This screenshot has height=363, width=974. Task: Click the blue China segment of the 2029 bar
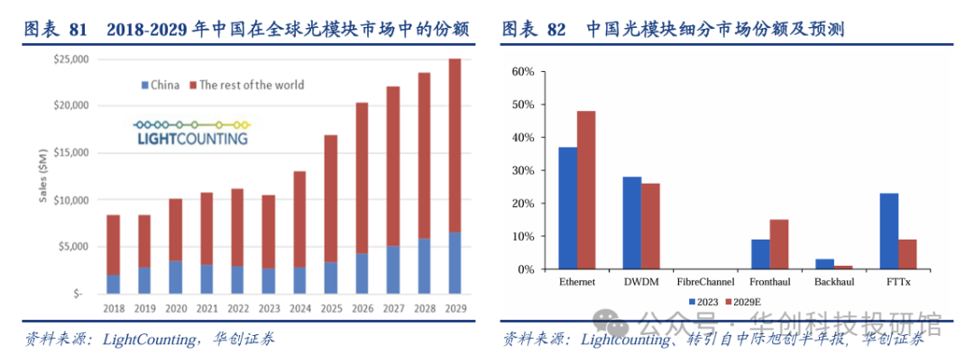click(x=455, y=263)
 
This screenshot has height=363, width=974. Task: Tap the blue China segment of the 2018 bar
click(x=113, y=284)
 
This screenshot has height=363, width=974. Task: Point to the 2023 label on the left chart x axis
click(x=268, y=308)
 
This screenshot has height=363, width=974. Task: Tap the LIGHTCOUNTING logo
click(x=191, y=133)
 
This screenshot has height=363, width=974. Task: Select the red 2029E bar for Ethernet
click(x=587, y=190)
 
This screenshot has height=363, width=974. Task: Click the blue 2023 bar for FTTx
click(x=888, y=231)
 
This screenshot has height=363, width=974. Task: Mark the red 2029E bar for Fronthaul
click(x=779, y=244)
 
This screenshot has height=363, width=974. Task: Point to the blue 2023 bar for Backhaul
click(x=824, y=264)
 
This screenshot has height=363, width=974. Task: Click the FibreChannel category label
click(x=705, y=282)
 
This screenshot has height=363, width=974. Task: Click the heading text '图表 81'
click(x=56, y=31)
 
